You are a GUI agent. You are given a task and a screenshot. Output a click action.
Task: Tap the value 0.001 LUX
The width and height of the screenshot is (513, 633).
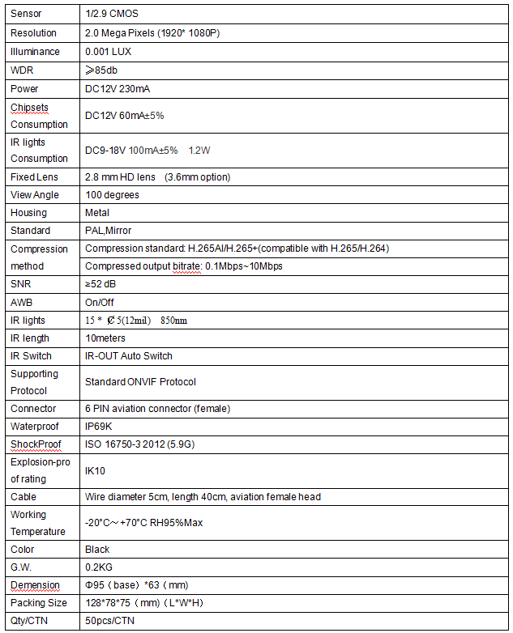(x=108, y=52)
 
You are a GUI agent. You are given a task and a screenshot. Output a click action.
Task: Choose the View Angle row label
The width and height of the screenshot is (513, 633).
(x=35, y=195)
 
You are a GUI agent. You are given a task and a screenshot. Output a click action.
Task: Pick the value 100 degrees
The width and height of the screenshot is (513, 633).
(x=112, y=195)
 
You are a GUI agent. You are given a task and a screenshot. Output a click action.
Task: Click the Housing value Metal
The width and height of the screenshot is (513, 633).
(x=97, y=213)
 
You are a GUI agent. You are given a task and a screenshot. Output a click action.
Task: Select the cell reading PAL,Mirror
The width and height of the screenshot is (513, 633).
(x=108, y=231)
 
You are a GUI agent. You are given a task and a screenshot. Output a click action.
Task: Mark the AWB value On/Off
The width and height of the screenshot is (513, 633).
(x=100, y=302)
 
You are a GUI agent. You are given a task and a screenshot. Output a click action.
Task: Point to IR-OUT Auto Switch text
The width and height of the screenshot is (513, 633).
(x=129, y=356)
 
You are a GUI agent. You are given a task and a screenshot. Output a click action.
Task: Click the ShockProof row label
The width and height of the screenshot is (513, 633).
(x=36, y=444)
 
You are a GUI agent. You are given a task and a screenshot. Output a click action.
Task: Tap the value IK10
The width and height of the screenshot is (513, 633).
(x=95, y=470)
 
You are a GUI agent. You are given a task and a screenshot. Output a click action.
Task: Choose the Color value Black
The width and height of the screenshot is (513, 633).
(x=97, y=550)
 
